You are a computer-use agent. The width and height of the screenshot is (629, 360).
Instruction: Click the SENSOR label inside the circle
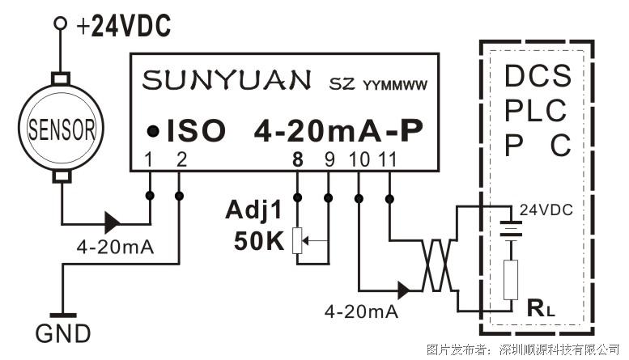coord(62,129)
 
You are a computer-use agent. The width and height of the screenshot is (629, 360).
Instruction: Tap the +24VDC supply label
coord(124,26)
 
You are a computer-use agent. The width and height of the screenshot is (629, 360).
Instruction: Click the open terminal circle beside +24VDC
coord(61,23)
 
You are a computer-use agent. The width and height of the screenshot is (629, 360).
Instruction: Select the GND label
coord(63,333)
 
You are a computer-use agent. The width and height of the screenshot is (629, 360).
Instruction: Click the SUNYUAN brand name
coord(227,80)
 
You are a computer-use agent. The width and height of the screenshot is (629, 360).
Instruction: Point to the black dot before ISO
coord(153,131)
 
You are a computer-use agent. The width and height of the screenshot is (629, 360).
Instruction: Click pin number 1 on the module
coord(149,159)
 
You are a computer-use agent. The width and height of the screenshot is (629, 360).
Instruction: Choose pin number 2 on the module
coord(181,159)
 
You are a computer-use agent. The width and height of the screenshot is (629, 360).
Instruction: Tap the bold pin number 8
coord(297,159)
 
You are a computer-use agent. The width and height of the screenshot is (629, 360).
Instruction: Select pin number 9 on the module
coord(329,159)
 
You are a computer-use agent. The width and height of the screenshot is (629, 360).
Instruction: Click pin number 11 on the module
coord(388,159)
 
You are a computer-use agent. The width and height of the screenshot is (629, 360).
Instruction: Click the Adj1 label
coord(254,210)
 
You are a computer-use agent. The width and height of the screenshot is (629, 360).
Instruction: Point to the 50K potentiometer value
coord(259,241)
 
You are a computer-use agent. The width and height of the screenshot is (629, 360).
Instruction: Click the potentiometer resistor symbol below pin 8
coord(297,240)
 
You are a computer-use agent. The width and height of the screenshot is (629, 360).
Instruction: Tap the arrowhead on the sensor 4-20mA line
coord(113,222)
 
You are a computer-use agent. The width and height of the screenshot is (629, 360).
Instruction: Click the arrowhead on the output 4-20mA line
coord(404,290)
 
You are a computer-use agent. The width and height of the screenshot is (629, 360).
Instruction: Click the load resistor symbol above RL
coord(511,280)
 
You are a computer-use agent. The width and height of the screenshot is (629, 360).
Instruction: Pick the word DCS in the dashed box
coord(538,75)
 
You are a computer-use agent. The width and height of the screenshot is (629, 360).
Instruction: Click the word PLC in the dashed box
coord(536,110)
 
